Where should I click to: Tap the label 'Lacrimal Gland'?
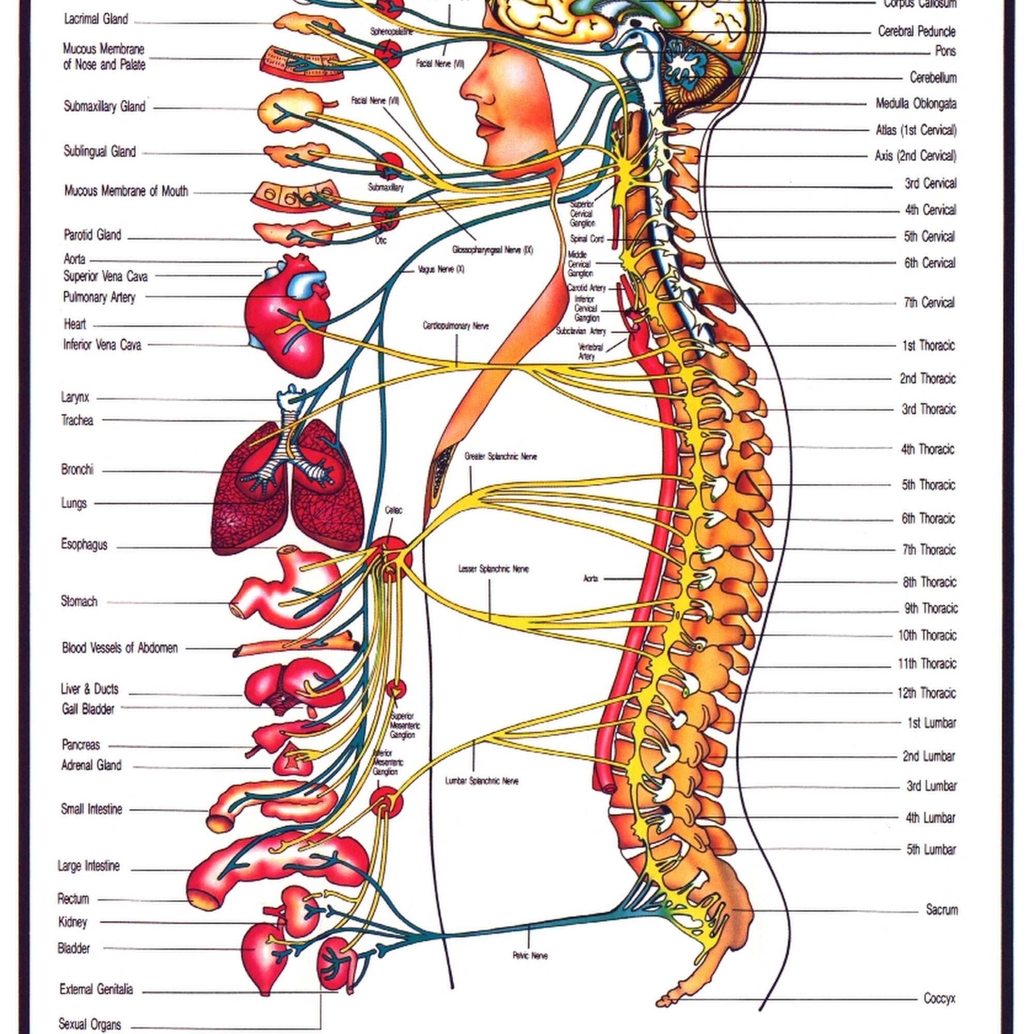click(96, 19)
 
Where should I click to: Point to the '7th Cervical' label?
click(929, 303)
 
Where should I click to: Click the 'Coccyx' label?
click(939, 998)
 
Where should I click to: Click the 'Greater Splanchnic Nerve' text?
click(500, 457)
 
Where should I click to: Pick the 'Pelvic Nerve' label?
click(530, 955)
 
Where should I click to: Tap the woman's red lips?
click(490, 128)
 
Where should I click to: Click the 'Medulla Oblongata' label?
click(915, 104)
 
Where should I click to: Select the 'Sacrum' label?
click(941, 909)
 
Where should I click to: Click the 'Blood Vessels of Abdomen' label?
click(119, 648)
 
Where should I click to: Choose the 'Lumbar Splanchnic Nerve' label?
click(482, 781)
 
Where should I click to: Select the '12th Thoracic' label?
click(926, 693)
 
